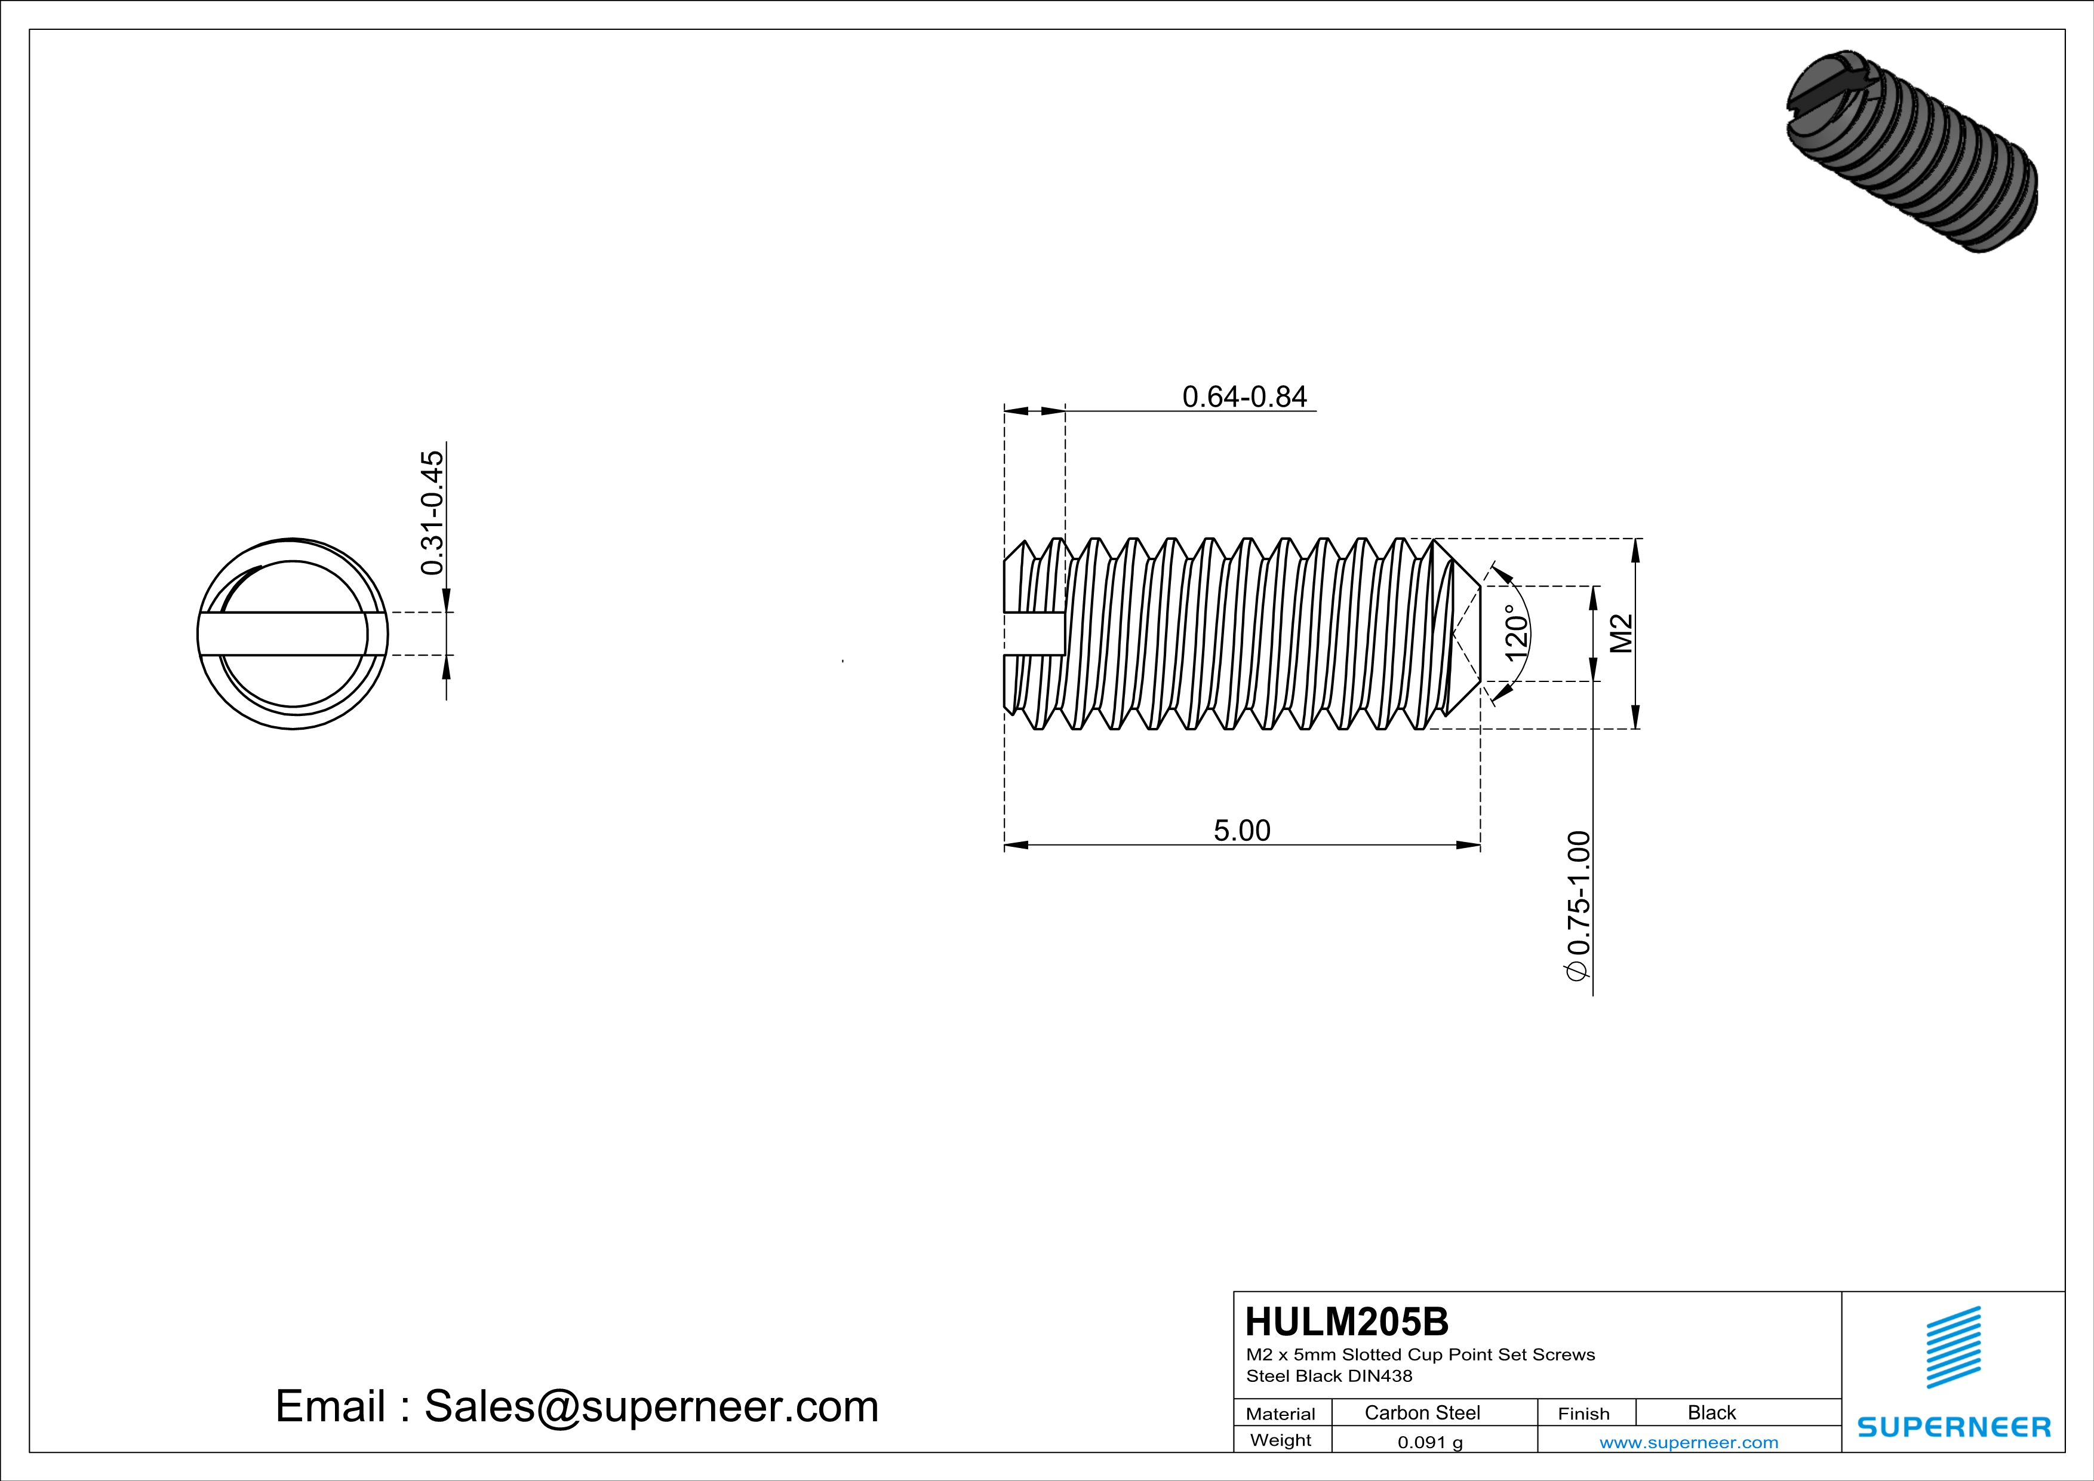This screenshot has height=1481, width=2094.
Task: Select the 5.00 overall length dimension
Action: [1241, 830]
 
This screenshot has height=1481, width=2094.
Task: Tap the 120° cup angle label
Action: [1516, 633]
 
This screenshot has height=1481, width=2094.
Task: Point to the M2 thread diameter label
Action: [1621, 633]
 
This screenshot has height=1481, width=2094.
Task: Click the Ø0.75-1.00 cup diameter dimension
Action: [1578, 905]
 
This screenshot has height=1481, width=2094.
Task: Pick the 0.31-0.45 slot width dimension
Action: [432, 512]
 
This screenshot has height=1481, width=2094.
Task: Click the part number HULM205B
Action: [1346, 1322]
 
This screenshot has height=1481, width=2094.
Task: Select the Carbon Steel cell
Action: [1422, 1412]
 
